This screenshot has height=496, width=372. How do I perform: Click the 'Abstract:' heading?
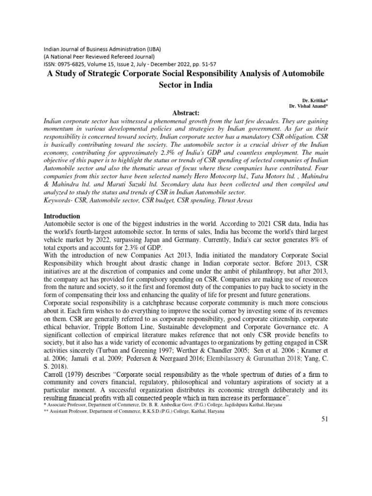[x=186, y=112]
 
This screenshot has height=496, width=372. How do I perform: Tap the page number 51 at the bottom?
[x=325, y=419]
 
